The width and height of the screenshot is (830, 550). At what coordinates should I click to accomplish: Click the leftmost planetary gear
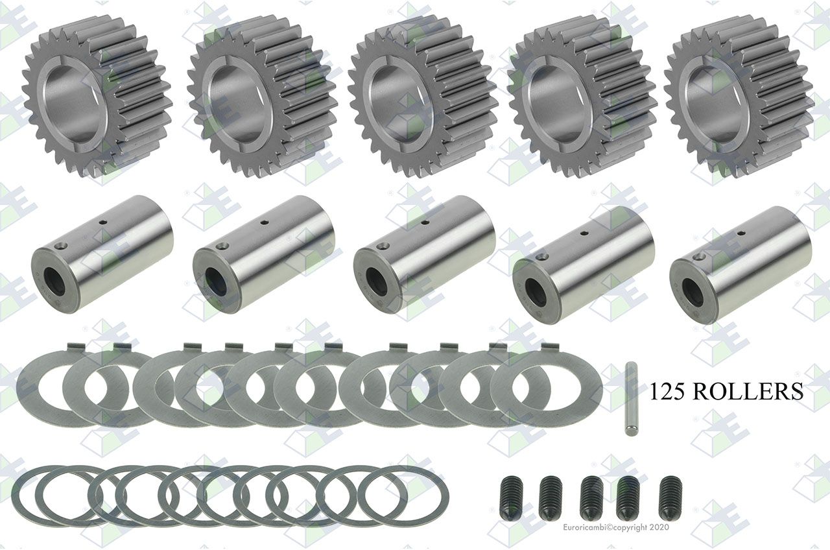[97, 97]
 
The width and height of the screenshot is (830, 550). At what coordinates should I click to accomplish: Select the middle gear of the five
[422, 97]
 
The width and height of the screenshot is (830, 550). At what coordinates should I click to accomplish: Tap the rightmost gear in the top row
[739, 97]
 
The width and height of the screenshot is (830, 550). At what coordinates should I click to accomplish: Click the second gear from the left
[263, 97]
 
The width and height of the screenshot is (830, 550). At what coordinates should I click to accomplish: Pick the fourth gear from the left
[582, 97]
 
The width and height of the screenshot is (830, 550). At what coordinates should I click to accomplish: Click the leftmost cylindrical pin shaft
[102, 255]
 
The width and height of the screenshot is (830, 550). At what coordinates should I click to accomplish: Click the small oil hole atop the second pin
[265, 222]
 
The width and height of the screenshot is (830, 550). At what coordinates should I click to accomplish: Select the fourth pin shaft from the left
[584, 265]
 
